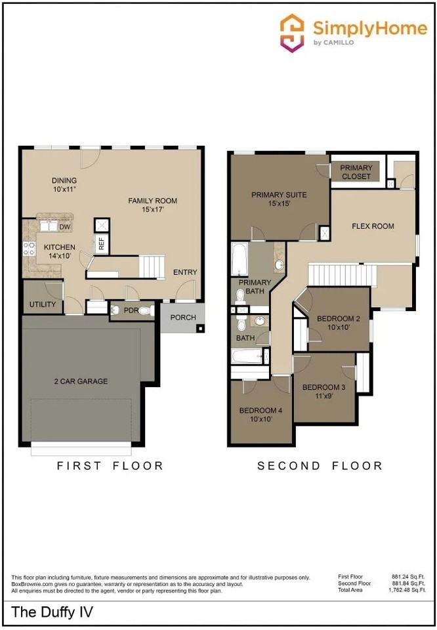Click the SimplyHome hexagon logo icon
click(x=292, y=33)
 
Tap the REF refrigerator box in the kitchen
click(x=102, y=243)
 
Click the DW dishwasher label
click(x=65, y=227)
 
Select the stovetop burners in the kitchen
click(x=29, y=248)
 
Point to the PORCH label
click(x=183, y=318)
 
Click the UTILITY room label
click(x=43, y=304)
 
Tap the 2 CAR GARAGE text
click(x=81, y=381)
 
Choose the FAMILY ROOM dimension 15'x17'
click(x=153, y=209)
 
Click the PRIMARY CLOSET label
click(x=356, y=172)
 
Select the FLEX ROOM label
click(x=373, y=226)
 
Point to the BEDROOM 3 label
click(x=323, y=387)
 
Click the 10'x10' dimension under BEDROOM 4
click(x=260, y=419)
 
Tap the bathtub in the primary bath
click(x=239, y=259)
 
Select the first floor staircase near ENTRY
click(x=152, y=266)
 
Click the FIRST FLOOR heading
click(x=110, y=466)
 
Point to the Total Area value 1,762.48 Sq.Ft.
click(x=407, y=590)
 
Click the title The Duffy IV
click(x=52, y=612)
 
